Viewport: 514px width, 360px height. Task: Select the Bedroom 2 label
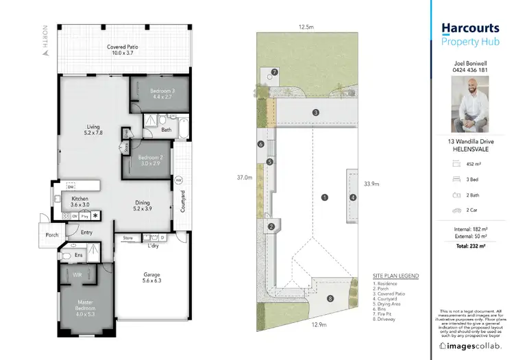pos(151,160)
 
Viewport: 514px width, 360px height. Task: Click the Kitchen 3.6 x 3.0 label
pos(79,202)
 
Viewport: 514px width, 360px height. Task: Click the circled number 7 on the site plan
pos(274,71)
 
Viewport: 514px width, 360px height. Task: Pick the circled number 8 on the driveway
pos(330,298)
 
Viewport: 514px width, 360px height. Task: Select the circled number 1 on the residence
pos(324,197)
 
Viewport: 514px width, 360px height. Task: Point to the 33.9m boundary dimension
pos(371,183)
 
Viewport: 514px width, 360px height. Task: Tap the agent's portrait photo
pos(469,104)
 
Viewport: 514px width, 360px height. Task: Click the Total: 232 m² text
pos(469,245)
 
